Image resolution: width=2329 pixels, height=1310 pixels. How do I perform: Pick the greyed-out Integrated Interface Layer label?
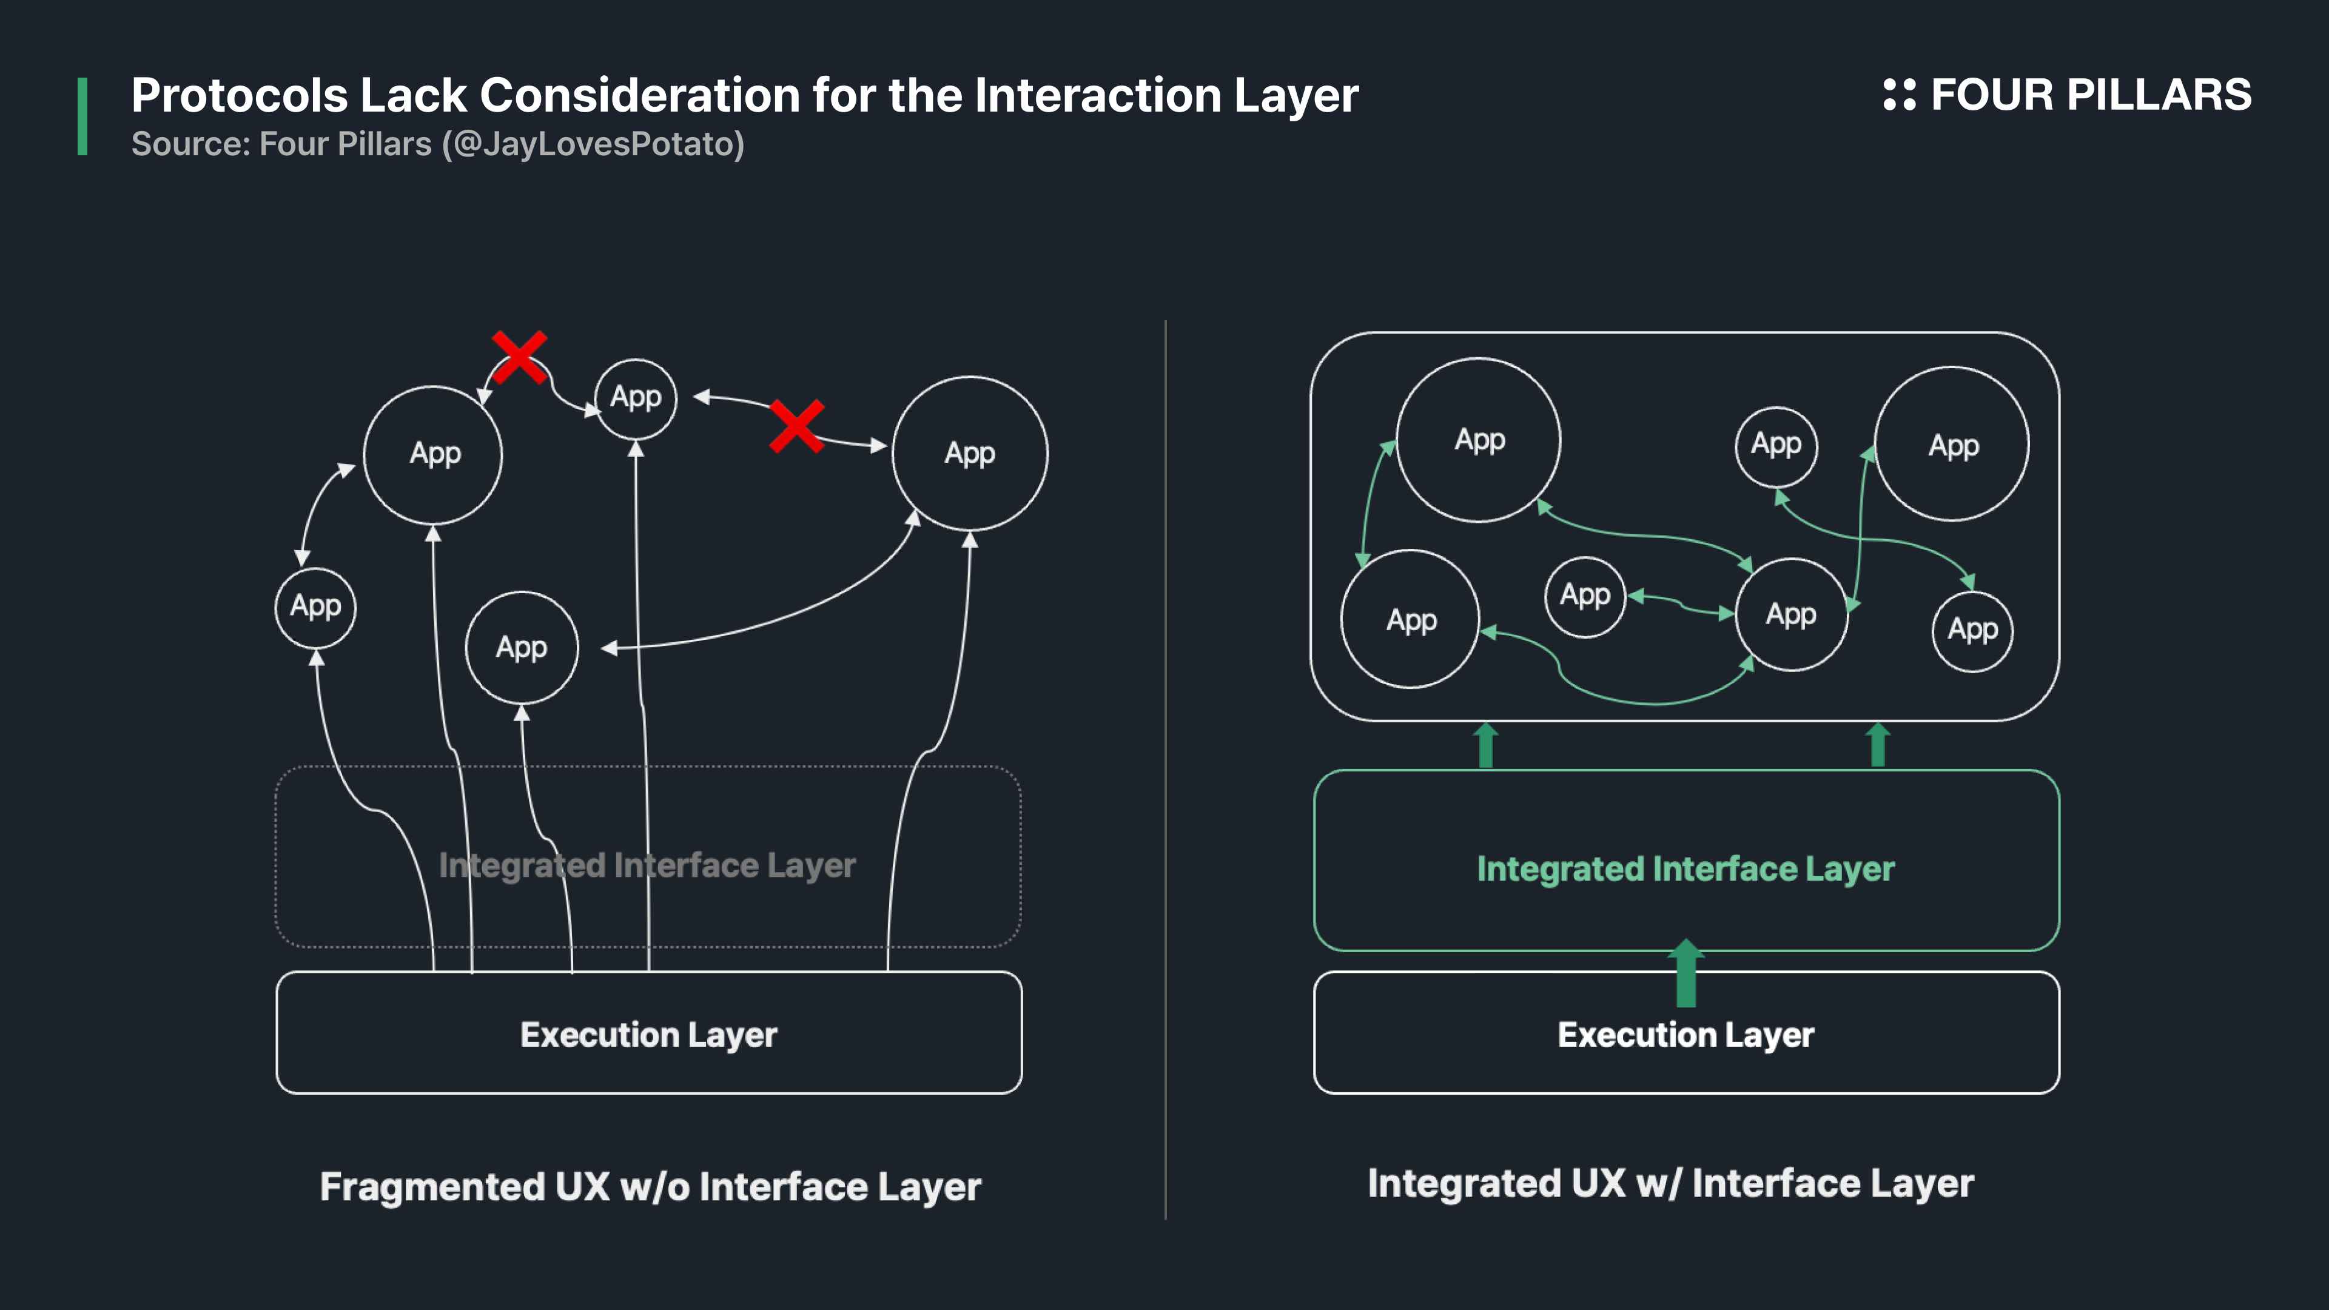(x=647, y=865)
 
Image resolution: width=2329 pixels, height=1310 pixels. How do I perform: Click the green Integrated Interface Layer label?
(x=1685, y=869)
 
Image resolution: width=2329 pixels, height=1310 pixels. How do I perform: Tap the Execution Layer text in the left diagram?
(x=648, y=1034)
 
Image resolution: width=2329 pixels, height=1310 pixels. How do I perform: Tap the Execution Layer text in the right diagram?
(x=1685, y=1034)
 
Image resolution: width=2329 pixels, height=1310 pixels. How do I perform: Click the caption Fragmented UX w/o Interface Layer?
(x=650, y=1186)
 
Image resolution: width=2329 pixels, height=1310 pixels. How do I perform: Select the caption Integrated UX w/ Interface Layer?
(x=1670, y=1183)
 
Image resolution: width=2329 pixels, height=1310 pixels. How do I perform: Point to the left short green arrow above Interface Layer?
(x=1485, y=745)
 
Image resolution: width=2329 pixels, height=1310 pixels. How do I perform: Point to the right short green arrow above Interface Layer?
(x=1878, y=745)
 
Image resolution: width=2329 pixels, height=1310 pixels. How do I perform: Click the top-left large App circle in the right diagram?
(x=1479, y=440)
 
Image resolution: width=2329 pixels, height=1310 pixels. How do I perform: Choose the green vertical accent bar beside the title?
(x=82, y=116)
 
